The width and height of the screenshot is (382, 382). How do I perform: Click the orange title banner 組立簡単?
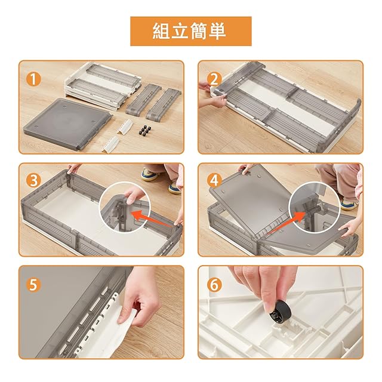(x=191, y=31)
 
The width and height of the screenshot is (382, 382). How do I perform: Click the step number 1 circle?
(x=33, y=79)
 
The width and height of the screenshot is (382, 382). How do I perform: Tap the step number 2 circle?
(x=214, y=79)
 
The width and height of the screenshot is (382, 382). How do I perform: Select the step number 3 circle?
(x=33, y=180)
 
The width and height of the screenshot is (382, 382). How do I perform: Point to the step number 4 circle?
(x=214, y=180)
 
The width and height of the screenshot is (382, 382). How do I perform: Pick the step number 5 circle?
(x=33, y=284)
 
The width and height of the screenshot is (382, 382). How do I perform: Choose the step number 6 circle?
(x=214, y=284)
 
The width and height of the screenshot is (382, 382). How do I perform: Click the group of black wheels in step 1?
(x=144, y=130)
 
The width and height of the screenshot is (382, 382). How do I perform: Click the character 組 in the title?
(x=161, y=31)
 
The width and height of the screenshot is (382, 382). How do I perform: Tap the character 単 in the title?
(x=217, y=31)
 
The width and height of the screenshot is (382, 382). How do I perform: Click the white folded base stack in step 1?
(x=102, y=85)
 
